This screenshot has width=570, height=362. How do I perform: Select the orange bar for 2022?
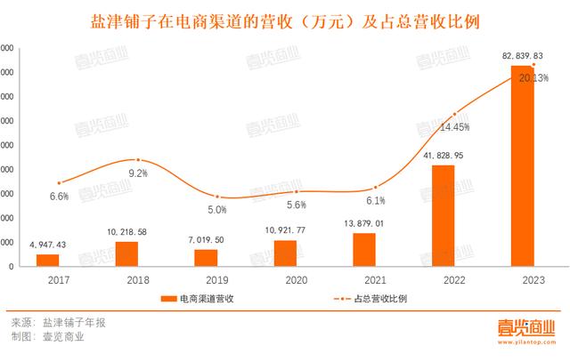coord(443,216)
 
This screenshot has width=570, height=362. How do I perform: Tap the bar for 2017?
coord(47,260)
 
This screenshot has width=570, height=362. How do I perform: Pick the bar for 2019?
coord(206,257)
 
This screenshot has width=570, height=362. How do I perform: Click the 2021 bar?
coord(364,249)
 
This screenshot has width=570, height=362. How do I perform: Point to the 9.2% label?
coord(137,173)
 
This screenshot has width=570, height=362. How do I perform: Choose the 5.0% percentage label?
coord(217,210)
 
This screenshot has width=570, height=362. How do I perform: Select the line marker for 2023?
coord(533,65)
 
